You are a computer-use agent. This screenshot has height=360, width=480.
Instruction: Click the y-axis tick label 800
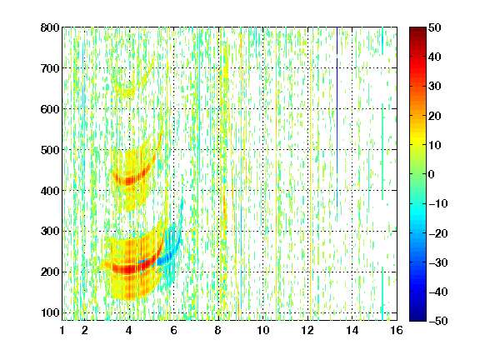pos(50,27)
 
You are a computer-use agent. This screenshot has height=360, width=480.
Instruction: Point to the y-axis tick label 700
pos(50,68)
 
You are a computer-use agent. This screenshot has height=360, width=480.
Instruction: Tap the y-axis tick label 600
pos(50,109)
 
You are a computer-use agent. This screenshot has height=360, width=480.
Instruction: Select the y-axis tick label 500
pos(50,150)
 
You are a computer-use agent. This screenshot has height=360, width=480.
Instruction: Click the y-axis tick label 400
pos(50,191)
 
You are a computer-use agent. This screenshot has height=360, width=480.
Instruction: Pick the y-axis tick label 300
pos(50,231)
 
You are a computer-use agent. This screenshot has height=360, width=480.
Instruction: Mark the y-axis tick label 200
pos(50,272)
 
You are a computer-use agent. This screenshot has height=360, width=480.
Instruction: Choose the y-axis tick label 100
pos(50,312)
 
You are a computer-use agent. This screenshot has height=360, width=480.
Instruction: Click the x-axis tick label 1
pos(62,330)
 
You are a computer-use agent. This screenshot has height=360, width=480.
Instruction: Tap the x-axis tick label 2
pos(85,330)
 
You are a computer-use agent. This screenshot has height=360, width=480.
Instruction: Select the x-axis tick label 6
pos(174,330)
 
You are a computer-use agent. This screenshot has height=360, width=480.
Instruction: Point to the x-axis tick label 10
pos(263,330)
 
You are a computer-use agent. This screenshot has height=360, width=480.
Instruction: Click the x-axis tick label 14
pos(352,330)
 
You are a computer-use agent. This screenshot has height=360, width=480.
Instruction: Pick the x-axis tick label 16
pos(397,330)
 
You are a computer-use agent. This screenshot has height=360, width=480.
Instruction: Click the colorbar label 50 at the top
pos(434,27)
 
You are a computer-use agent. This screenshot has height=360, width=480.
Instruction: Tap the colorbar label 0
pos(432,174)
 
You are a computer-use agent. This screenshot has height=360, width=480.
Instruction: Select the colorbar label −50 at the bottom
pos(438,321)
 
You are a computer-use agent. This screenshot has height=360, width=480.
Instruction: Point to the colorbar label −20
pos(438,233)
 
